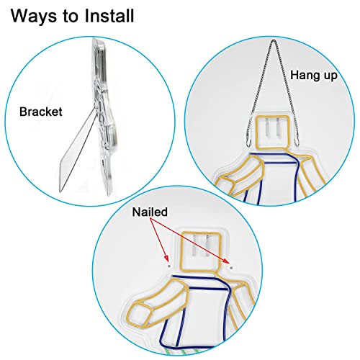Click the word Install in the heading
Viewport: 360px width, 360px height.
109,16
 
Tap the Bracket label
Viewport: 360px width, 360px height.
41,112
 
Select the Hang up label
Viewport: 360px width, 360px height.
314,76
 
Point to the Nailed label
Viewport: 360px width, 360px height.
150,212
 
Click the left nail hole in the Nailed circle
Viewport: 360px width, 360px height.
168,266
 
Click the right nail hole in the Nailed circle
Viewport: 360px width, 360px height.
231,267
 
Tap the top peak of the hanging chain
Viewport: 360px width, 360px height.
273,41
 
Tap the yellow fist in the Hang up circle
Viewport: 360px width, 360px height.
225,185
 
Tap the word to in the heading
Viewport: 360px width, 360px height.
71,17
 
